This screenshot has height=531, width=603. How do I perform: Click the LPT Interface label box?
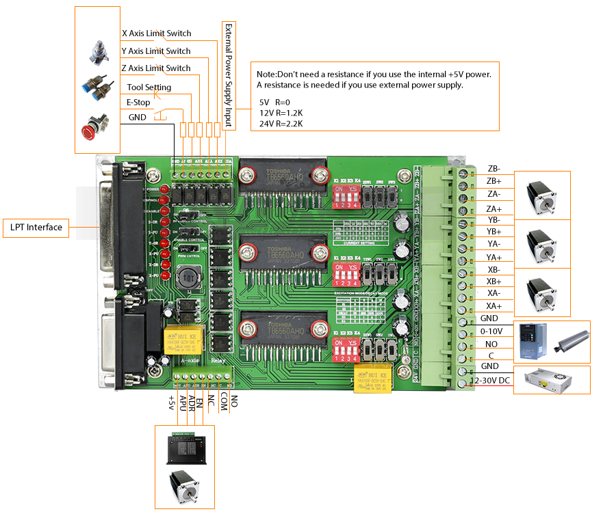[x=36, y=228]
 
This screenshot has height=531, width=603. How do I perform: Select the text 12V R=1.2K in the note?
[x=280, y=113]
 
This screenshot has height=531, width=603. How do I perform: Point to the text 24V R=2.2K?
[x=281, y=124]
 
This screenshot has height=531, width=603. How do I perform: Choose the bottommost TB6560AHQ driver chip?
[x=281, y=327]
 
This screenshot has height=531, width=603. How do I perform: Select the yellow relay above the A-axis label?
[x=181, y=340]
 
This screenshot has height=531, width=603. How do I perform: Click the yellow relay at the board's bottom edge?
[x=370, y=378]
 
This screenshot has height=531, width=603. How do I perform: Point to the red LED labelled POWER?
[x=164, y=189]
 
